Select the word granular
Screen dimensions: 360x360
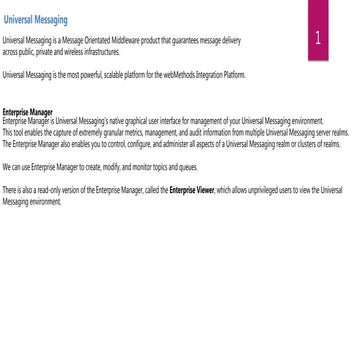click(99, 130)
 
